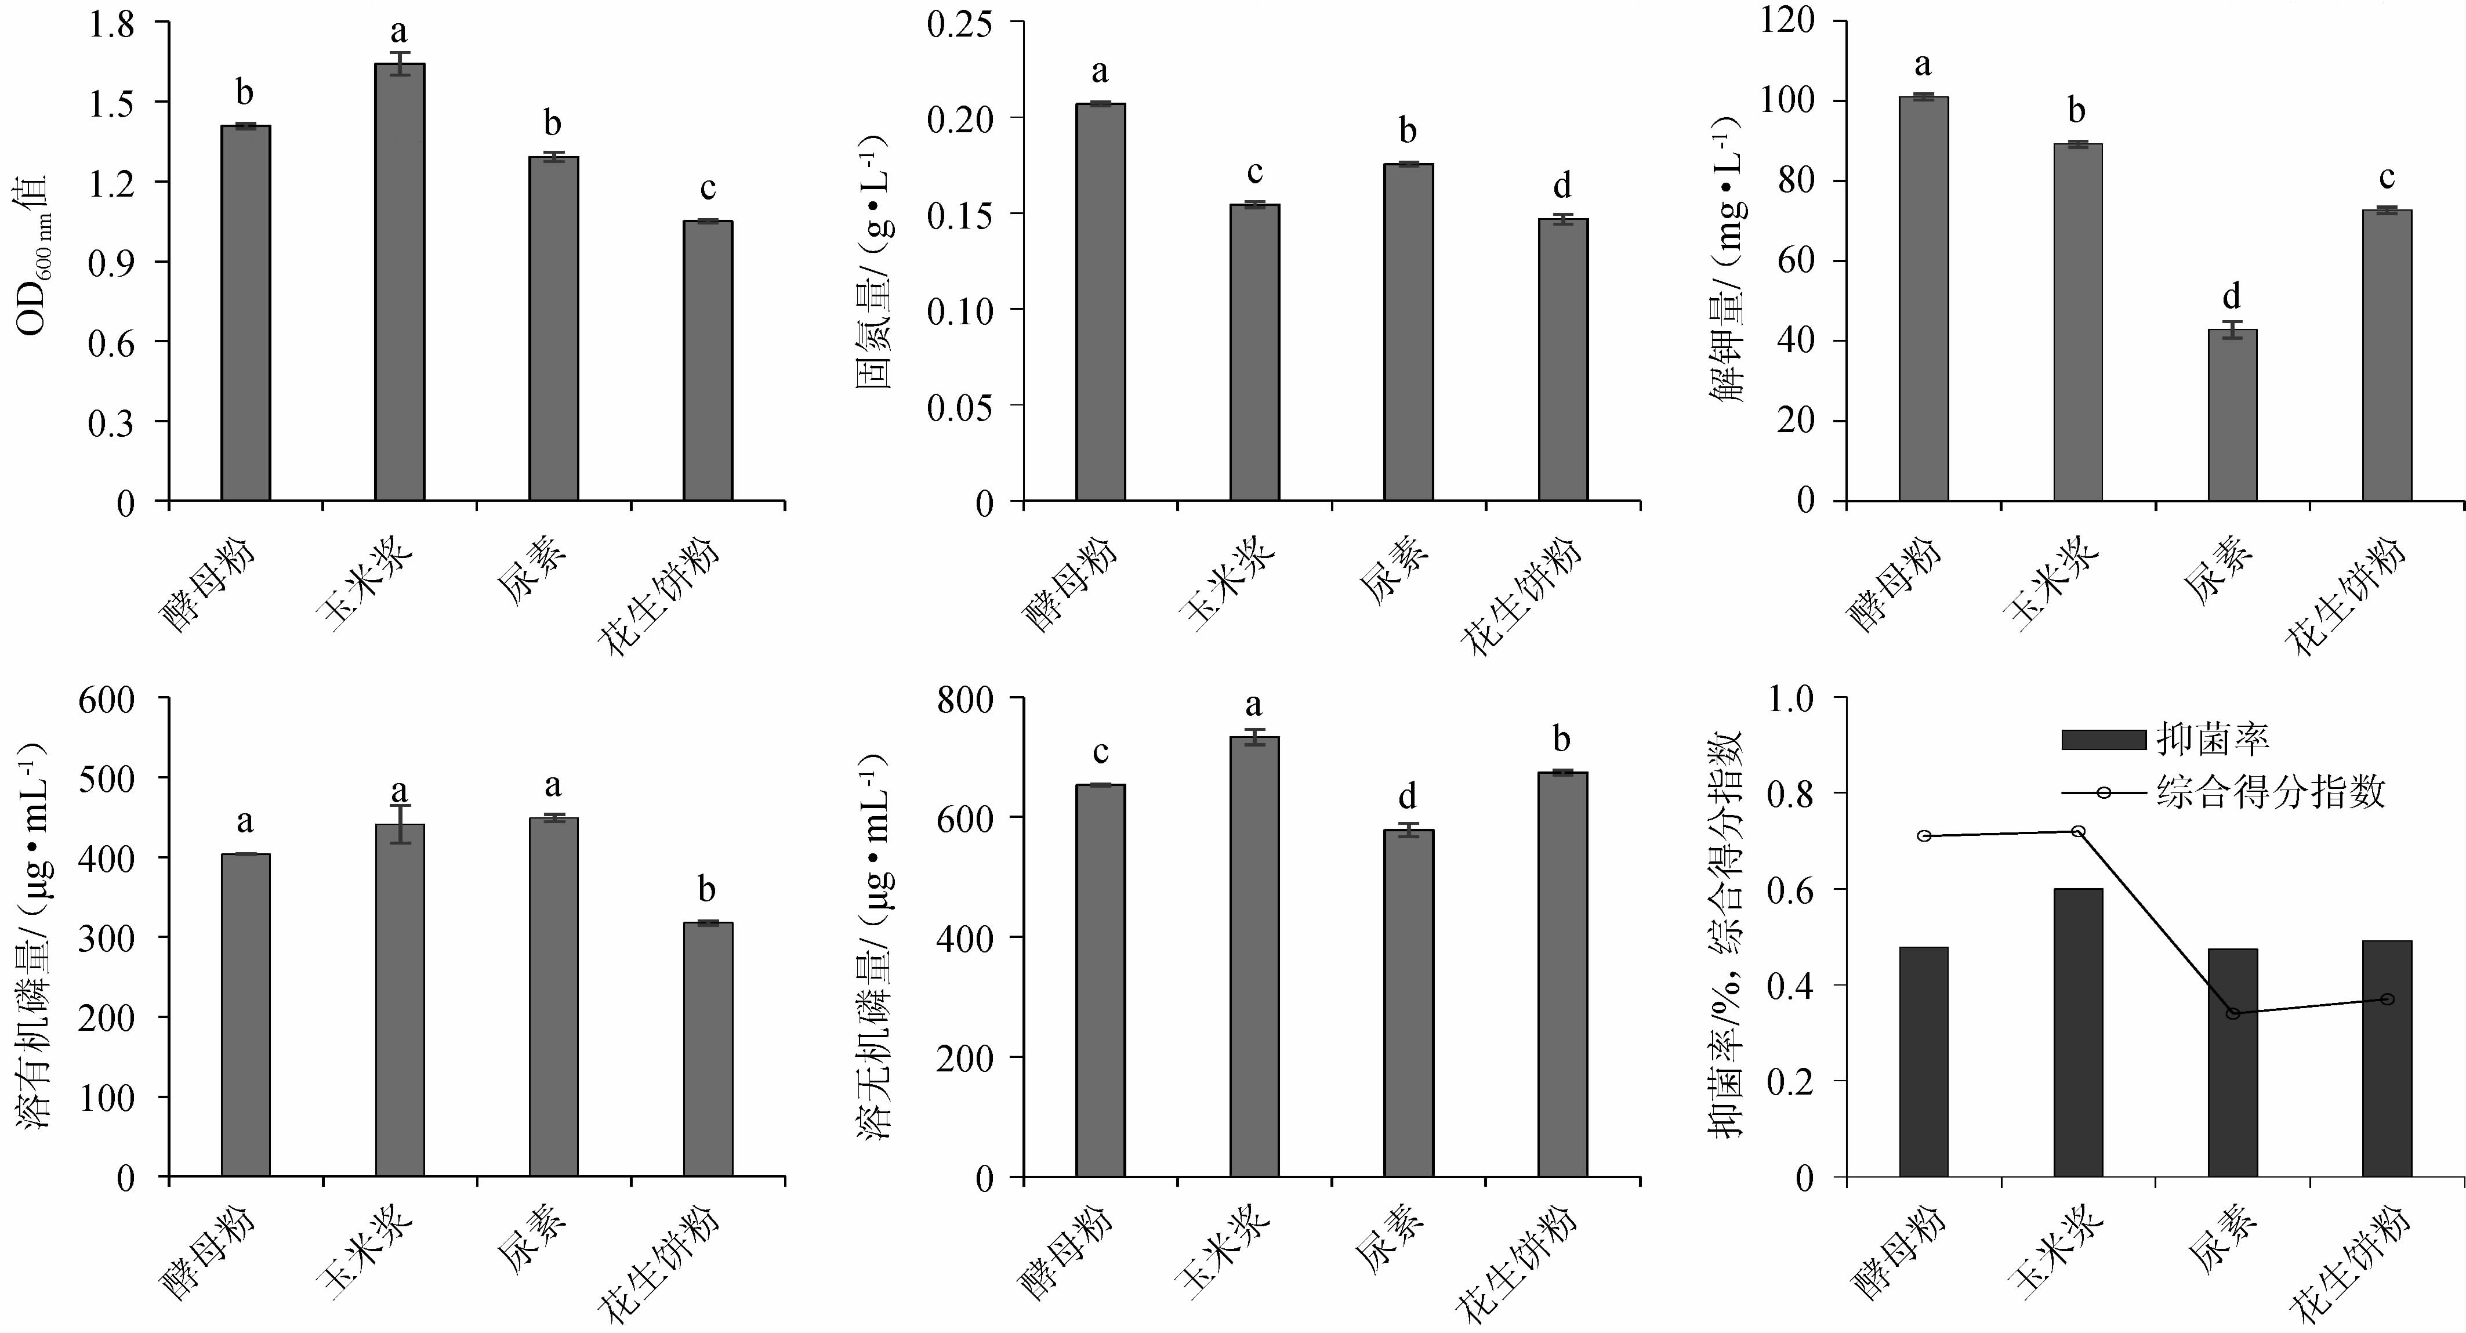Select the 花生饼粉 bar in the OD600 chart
coord(708,361)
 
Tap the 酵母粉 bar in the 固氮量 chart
coord(1100,302)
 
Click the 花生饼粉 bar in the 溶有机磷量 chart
coord(708,1049)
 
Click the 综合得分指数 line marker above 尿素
coord(2232,1013)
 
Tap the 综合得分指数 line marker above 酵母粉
coord(1923,836)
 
